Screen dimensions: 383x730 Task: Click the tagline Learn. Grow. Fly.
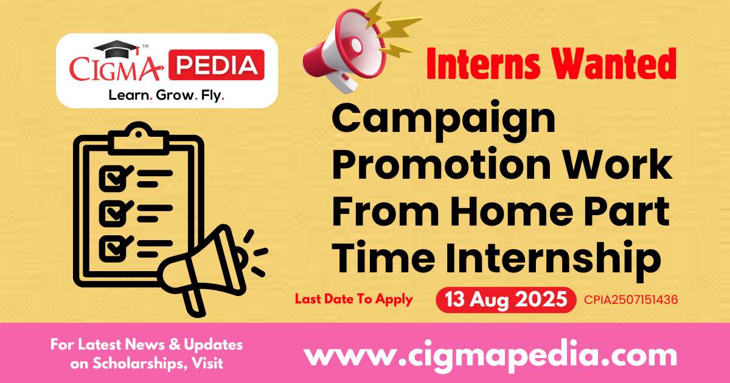[x=166, y=95]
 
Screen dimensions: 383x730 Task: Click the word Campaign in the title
[x=443, y=120]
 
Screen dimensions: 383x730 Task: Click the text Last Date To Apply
[x=353, y=299]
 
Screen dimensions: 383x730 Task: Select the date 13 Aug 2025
[x=506, y=300]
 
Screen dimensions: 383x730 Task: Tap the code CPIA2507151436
[x=631, y=300]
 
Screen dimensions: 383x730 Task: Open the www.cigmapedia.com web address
[x=490, y=353]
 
